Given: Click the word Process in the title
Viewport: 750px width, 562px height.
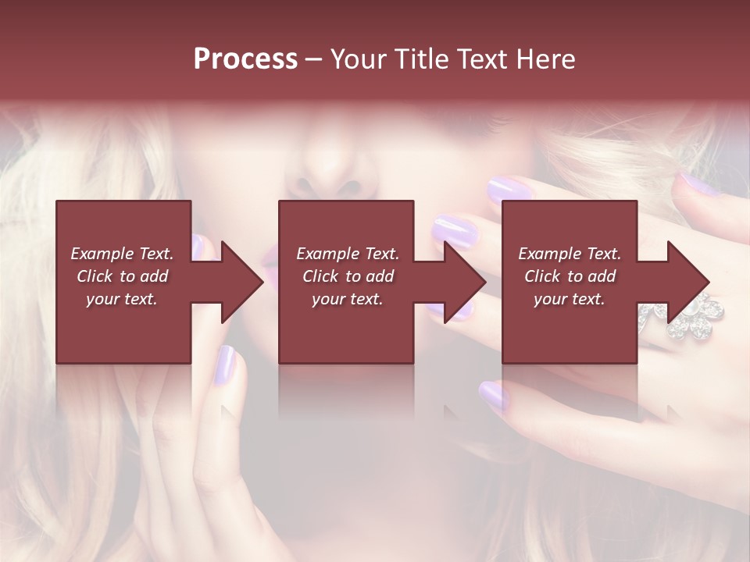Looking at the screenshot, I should (245, 59).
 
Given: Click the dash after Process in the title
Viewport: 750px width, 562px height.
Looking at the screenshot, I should (313, 59).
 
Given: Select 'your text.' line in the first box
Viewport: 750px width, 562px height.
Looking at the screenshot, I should (122, 299).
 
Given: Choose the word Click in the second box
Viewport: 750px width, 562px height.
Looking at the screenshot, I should (321, 276).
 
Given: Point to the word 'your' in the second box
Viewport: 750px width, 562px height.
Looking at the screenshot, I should (328, 299).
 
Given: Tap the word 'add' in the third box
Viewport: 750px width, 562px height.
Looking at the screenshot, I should (601, 276).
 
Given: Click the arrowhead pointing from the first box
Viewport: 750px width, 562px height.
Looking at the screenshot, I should (241, 282).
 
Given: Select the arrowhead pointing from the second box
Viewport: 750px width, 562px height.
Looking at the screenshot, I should (465, 282).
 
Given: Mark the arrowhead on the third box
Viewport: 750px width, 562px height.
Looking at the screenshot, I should (688, 282).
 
